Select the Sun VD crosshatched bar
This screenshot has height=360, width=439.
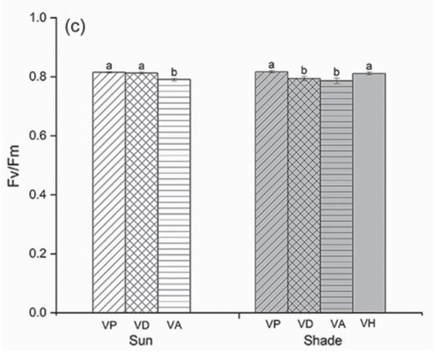(x=141, y=192)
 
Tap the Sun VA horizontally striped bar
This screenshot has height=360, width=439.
(x=174, y=196)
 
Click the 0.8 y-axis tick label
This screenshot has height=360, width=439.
(x=39, y=77)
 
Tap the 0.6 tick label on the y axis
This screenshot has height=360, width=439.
(x=39, y=136)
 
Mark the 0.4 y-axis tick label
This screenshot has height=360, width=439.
(x=39, y=195)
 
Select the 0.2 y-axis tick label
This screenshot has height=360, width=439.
(x=39, y=254)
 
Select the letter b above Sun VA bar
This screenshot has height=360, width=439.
(x=174, y=72)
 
